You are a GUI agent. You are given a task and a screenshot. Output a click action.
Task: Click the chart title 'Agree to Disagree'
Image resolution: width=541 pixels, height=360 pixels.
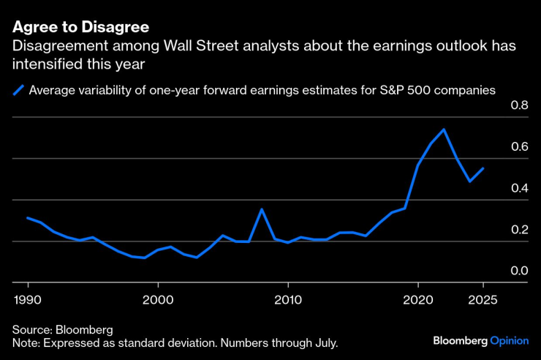tap(80, 27)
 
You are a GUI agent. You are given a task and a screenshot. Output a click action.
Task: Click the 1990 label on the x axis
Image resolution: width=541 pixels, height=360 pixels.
tap(29, 299)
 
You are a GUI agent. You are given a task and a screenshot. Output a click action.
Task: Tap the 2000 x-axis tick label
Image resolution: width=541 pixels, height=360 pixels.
tap(158, 299)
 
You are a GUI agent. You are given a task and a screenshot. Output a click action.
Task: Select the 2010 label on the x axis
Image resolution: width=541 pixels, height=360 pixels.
tap(288, 299)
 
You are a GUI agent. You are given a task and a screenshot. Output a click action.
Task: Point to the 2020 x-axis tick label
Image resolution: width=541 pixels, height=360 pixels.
tap(417, 299)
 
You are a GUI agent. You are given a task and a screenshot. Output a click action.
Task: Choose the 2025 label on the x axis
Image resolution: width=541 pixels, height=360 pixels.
tap(483, 299)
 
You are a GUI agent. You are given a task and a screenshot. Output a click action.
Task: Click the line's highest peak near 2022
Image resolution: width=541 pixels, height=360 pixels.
tap(444, 130)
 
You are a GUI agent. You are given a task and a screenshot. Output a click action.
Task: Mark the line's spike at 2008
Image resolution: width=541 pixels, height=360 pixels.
tap(262, 209)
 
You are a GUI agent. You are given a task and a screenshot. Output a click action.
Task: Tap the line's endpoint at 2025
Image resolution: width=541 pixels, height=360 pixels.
tap(483, 168)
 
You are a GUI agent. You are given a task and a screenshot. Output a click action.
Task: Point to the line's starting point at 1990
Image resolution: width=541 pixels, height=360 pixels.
tap(28, 217)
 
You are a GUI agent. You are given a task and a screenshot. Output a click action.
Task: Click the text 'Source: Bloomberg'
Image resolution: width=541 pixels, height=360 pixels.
tap(62, 329)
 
